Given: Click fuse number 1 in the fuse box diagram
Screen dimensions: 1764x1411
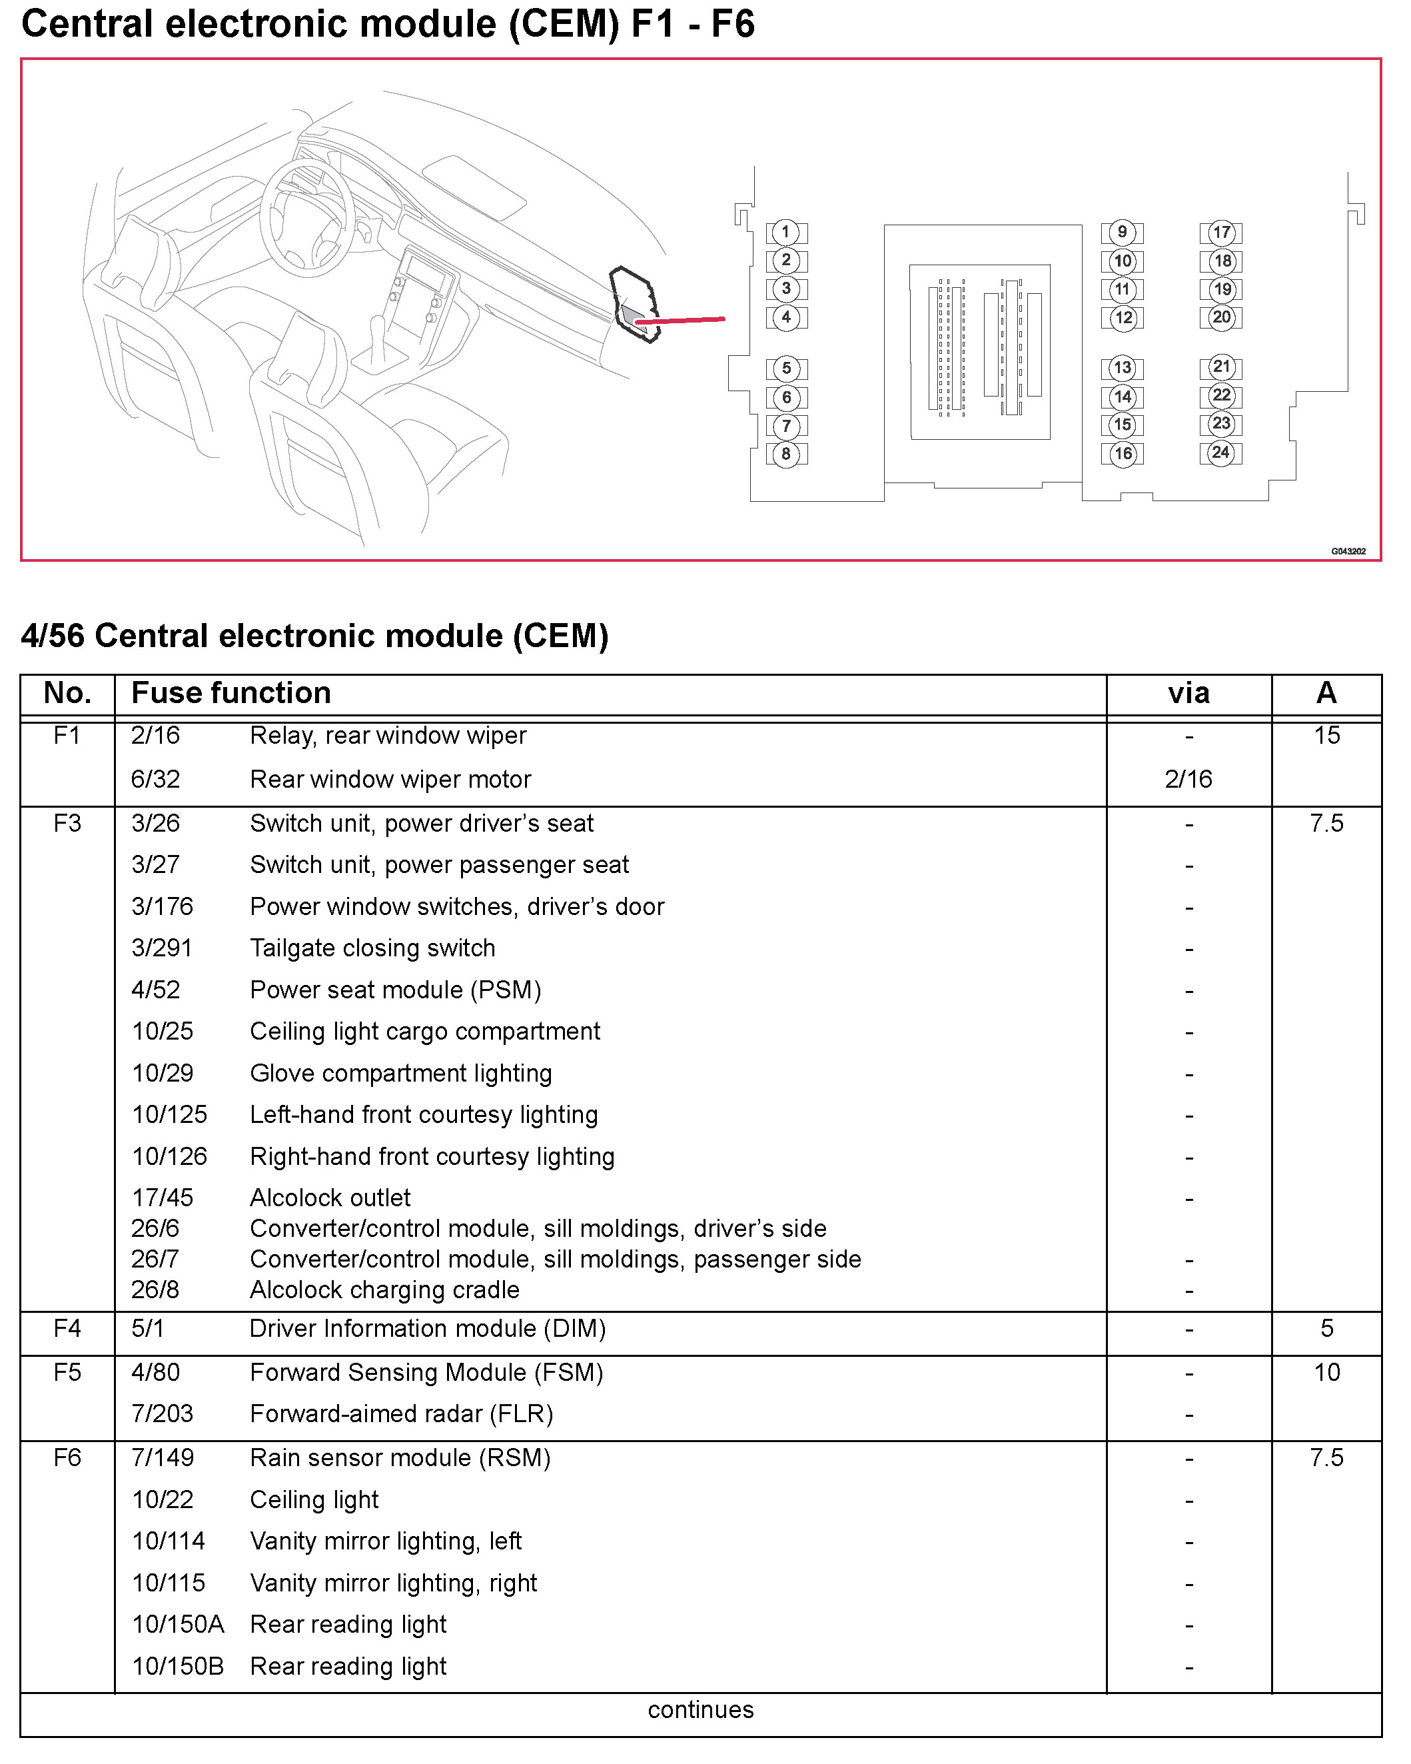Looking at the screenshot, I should (786, 233).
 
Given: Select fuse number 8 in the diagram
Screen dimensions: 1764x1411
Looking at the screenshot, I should (786, 454).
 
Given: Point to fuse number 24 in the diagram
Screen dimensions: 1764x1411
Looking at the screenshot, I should (1220, 452).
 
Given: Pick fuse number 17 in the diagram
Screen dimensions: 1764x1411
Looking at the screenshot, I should (1221, 233).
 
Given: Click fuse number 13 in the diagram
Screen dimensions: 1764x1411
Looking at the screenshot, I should (1123, 368).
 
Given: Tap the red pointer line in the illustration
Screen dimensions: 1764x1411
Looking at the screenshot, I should (683, 321).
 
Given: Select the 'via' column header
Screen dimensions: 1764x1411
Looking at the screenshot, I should (1188, 694).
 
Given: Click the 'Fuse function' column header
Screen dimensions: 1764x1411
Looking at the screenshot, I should (231, 693).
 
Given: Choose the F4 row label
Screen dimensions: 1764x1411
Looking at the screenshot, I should (67, 1328).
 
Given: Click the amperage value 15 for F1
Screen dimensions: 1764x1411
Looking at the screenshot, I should (1327, 736).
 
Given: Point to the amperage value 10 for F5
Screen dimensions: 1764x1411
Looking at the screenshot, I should (1327, 1372).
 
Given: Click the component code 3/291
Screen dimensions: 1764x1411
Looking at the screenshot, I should (162, 948).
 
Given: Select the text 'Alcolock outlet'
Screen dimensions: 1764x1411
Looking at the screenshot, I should (330, 1198).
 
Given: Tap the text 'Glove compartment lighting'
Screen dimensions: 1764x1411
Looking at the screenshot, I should (401, 1074).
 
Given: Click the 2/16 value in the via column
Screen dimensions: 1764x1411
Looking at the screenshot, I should (1188, 779).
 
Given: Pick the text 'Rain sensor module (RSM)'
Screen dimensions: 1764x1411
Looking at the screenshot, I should (400, 1458).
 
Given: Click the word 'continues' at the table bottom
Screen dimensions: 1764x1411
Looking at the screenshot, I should (701, 1710).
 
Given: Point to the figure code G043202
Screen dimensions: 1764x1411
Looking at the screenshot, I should (1348, 551).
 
